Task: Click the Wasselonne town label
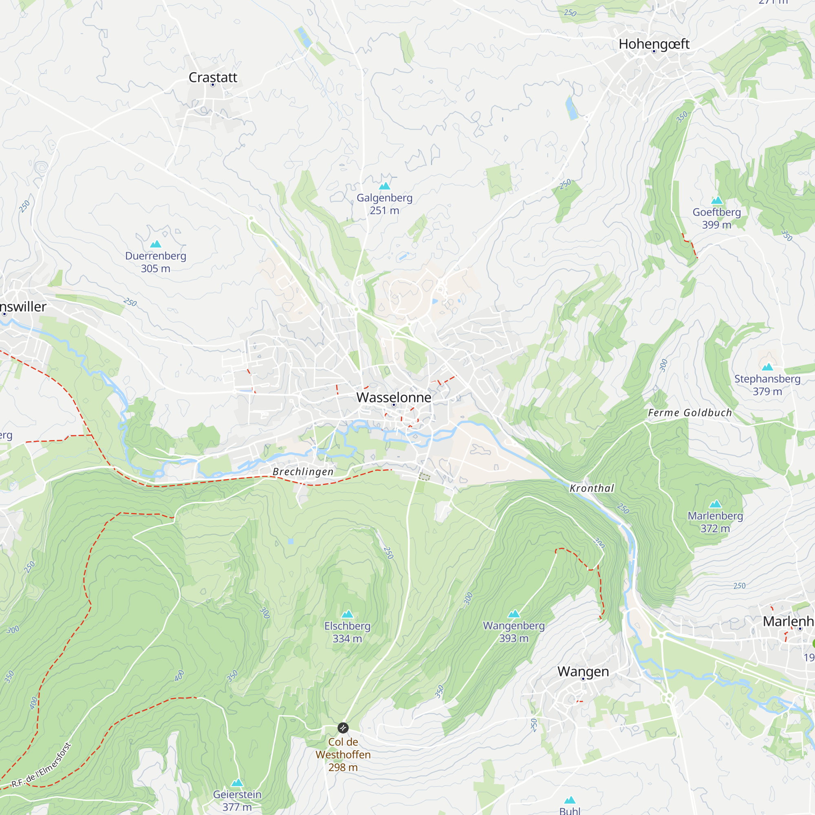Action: [x=394, y=397]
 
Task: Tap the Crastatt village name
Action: [x=213, y=77]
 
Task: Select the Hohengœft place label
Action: [x=654, y=44]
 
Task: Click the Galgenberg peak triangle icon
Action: [x=384, y=186]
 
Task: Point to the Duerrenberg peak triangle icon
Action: [x=156, y=244]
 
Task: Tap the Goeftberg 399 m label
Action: [x=717, y=218]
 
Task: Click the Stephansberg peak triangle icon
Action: [x=767, y=367]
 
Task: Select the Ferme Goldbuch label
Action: [x=690, y=413]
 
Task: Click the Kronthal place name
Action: [x=592, y=489]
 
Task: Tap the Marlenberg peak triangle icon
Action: [x=716, y=504]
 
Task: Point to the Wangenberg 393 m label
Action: [x=514, y=632]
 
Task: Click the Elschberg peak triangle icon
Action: [x=347, y=614]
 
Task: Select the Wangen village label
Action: [x=583, y=672]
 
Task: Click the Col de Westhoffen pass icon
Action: [x=343, y=728]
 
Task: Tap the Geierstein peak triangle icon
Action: [x=237, y=783]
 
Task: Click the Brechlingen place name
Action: [x=303, y=471]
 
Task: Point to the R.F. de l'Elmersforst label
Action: [x=41, y=766]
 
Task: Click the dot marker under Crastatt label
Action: [x=213, y=85]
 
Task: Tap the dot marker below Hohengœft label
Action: [x=654, y=51]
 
